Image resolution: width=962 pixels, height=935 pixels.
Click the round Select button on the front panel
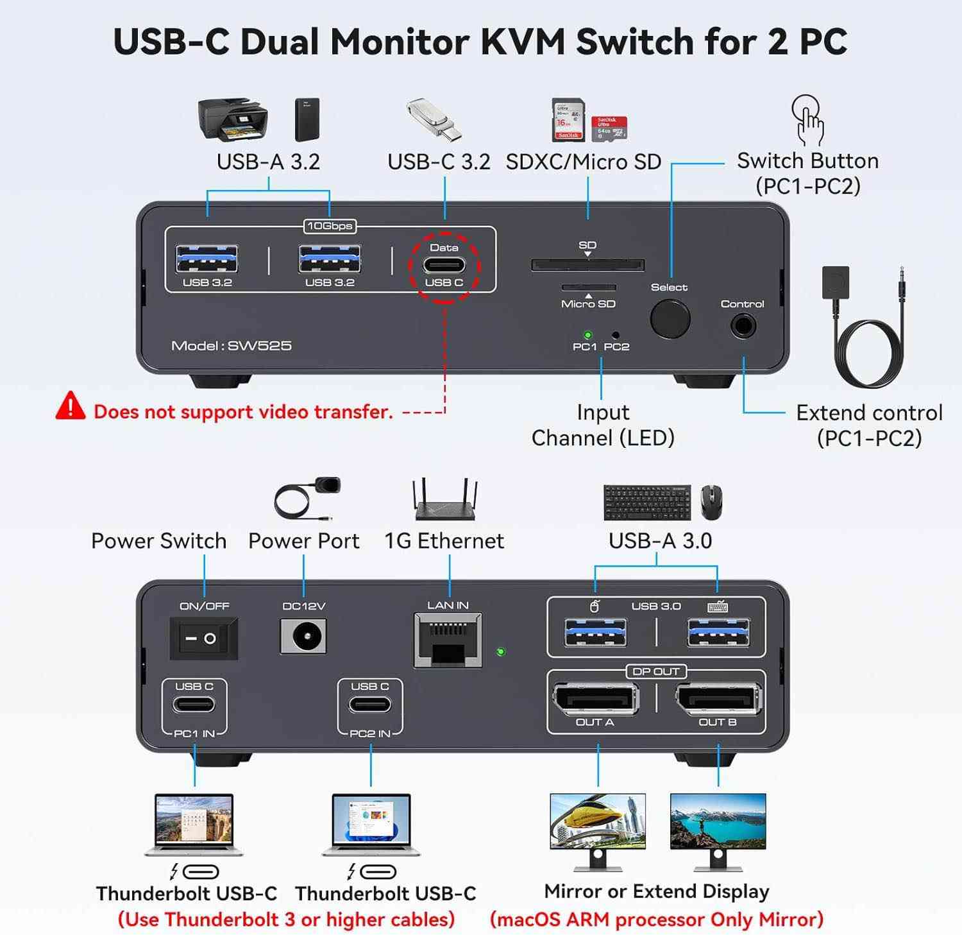670,319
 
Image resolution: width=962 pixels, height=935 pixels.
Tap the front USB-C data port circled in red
444,265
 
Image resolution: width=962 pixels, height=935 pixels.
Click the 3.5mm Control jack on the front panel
743,326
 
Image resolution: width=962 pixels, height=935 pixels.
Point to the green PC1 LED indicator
587,335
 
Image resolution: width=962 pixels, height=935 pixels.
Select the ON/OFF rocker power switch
203,639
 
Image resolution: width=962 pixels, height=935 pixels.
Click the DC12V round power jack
304,637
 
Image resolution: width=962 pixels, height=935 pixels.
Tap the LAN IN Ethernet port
448,640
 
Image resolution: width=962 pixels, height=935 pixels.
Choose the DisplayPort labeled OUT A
595,699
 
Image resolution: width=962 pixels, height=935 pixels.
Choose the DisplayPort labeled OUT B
718,699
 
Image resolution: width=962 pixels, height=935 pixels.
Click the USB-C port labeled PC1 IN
194,705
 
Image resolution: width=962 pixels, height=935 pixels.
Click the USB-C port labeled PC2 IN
370,705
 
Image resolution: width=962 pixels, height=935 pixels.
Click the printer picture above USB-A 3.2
232,119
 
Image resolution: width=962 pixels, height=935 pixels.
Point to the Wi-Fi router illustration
445,500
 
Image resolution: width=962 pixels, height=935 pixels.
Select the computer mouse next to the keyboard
711,502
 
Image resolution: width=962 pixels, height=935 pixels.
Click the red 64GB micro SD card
609,128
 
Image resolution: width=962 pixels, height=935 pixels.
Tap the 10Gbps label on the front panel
329,226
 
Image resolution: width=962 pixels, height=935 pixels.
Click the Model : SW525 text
231,346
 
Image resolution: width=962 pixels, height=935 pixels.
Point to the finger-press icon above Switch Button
808,119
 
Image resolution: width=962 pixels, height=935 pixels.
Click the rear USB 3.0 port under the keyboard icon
718,633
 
